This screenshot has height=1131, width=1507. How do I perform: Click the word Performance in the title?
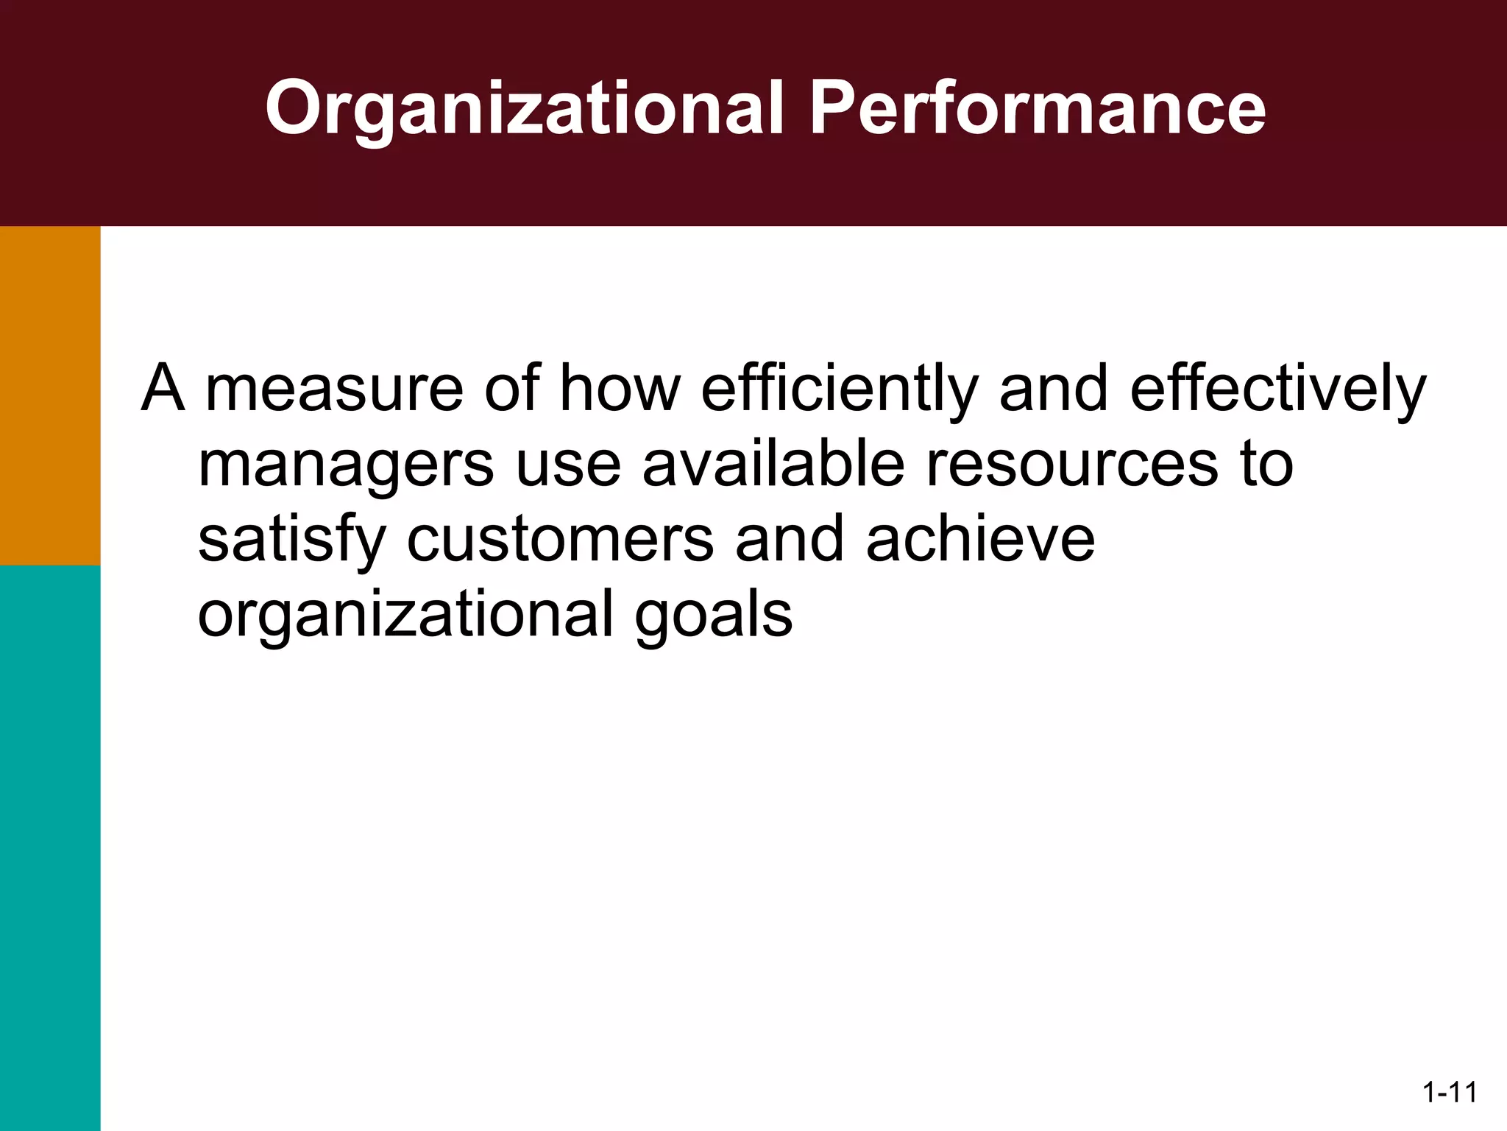[1038, 108]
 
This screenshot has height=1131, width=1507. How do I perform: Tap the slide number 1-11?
[1450, 1092]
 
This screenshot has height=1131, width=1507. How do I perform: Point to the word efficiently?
[839, 390]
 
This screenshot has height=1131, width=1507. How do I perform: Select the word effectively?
[1277, 390]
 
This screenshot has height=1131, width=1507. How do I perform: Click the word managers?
[346, 467]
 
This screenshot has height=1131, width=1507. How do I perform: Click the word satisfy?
[291, 540]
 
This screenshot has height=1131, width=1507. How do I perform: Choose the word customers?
[560, 540]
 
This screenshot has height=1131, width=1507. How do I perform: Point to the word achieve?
[980, 539]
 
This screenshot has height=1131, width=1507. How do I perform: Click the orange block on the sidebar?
[50, 395]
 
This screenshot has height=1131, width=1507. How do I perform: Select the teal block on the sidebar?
[50, 847]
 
